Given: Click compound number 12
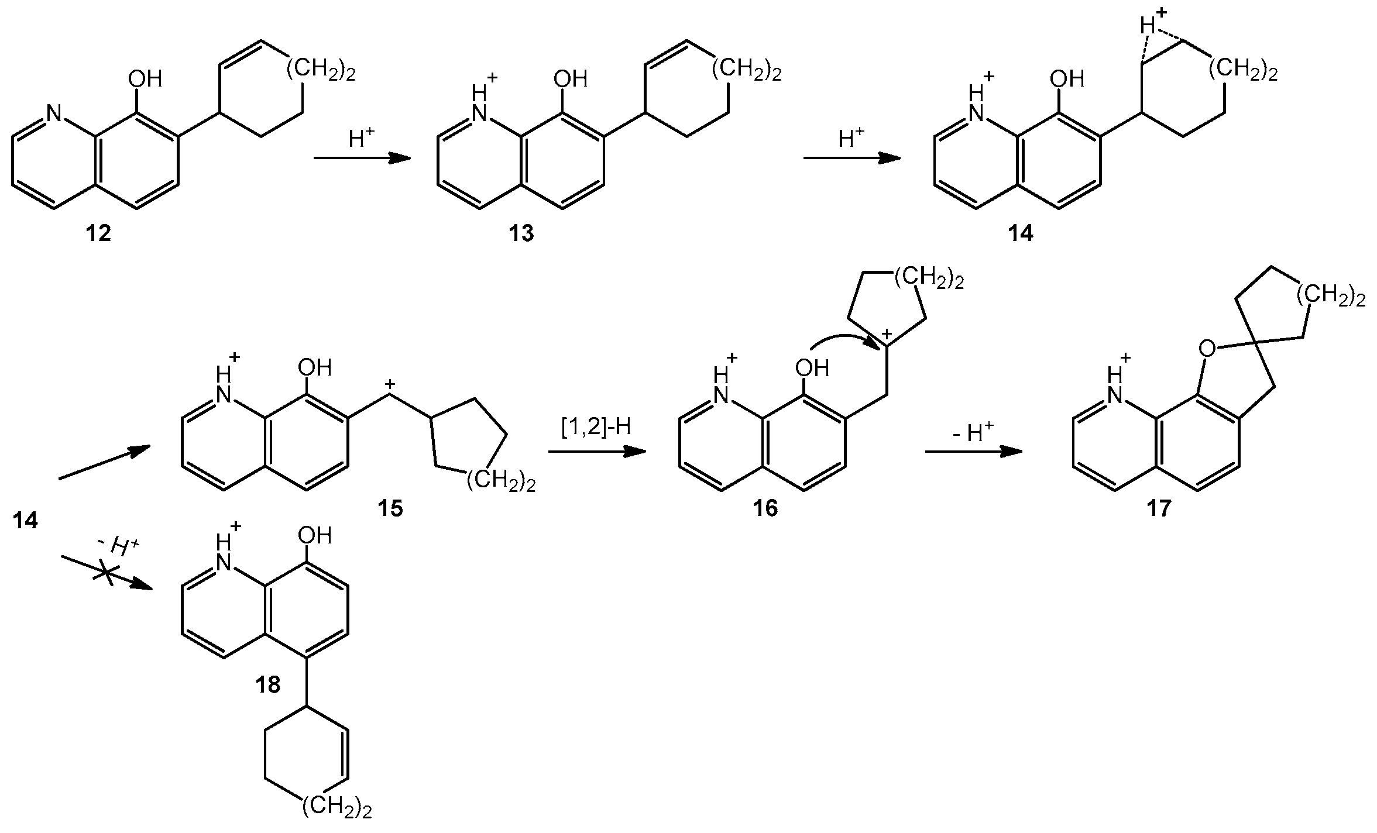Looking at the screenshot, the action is (98, 234).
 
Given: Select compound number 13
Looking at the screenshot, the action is (520, 234).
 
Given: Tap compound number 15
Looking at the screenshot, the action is (390, 508).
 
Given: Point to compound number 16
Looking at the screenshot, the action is (765, 508).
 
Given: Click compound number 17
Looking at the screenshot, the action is (1159, 508).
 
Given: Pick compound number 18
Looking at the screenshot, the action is (267, 684).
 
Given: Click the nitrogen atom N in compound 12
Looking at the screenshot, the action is (54, 113).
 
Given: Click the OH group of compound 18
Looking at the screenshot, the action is (315, 535).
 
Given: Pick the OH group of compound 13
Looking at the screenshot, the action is (571, 78).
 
